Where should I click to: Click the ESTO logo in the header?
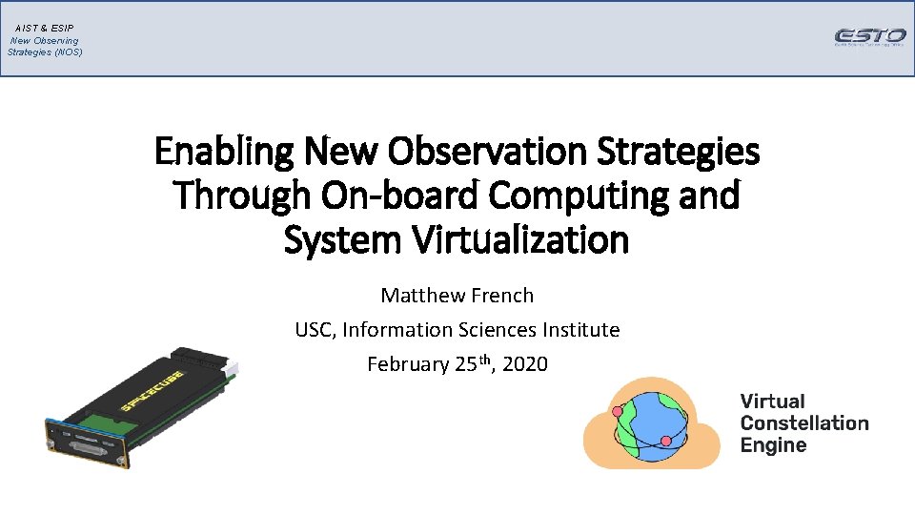(869, 37)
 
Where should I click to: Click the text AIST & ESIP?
(45, 29)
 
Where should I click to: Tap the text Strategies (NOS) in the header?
(45, 51)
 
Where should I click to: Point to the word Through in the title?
(242, 196)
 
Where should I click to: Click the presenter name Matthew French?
(457, 296)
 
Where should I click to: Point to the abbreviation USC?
(315, 330)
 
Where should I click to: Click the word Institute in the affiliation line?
(581, 330)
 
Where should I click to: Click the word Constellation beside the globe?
(804, 423)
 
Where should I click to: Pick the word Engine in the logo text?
(773, 445)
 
